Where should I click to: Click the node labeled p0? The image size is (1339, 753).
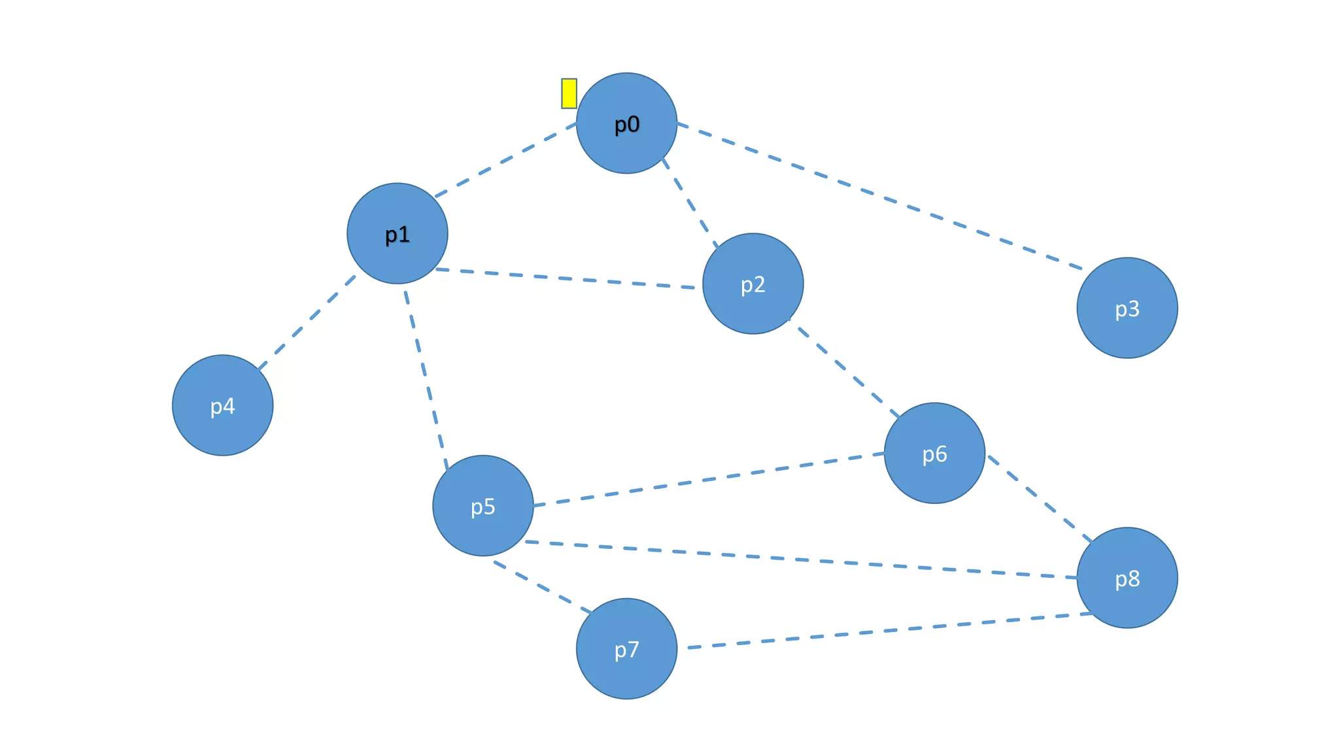point(626,123)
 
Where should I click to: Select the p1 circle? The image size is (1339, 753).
point(397,233)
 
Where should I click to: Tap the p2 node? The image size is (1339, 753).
point(753,284)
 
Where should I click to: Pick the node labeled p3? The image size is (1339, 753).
point(1127,308)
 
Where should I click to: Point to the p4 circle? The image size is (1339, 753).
point(222,405)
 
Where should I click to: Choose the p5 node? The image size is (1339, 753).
point(483,505)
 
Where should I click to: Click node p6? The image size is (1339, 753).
point(934,453)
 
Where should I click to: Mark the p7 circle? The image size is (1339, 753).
point(626,648)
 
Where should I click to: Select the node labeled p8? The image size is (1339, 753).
point(1127,578)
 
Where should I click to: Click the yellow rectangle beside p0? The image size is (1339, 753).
point(569,93)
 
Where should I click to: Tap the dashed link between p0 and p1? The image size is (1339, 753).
point(505,159)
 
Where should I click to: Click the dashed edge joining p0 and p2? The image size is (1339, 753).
point(690,203)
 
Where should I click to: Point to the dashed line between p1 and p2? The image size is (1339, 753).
point(566,278)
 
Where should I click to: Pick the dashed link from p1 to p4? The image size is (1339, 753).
point(307,323)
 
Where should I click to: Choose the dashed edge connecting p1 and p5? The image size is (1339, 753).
point(426,380)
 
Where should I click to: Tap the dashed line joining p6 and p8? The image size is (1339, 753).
point(1040,499)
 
